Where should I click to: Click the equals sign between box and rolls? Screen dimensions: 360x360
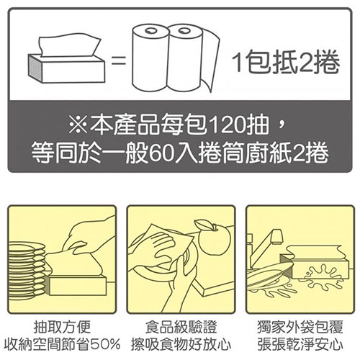click(x=119, y=60)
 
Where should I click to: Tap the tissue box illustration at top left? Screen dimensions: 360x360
click(x=67, y=60)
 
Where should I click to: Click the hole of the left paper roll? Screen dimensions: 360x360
click(x=151, y=30)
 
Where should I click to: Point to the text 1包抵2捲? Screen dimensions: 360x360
click(x=286, y=63)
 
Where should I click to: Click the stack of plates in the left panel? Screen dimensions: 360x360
click(x=27, y=271)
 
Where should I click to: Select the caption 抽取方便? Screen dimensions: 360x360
click(x=62, y=327)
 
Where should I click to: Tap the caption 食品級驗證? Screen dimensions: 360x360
click(x=181, y=327)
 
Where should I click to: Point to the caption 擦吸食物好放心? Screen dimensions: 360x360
click(x=181, y=344)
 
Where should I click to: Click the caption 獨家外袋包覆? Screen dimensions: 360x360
click(x=300, y=327)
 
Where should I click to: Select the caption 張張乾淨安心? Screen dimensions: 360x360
click(x=300, y=344)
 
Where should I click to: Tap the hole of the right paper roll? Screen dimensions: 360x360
click(x=184, y=30)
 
